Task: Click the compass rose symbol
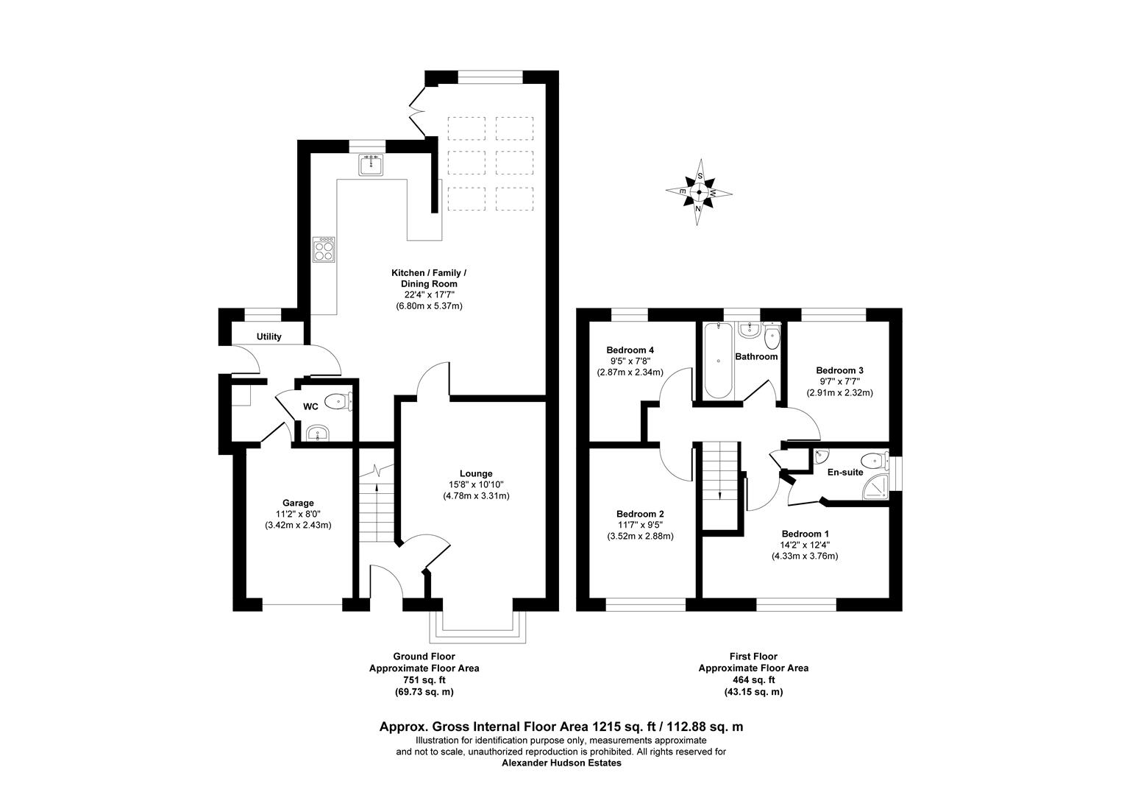[699, 191]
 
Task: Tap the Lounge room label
[476, 473]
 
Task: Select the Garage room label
[298, 503]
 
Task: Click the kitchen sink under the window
[371, 165]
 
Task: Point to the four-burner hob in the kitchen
[324, 250]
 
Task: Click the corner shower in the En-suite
[876, 484]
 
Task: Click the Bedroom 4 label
[630, 350]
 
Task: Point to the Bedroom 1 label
[805, 534]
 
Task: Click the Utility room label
[268, 336]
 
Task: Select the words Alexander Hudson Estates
[561, 763]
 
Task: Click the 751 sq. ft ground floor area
[424, 680]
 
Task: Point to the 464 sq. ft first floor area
[753, 680]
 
